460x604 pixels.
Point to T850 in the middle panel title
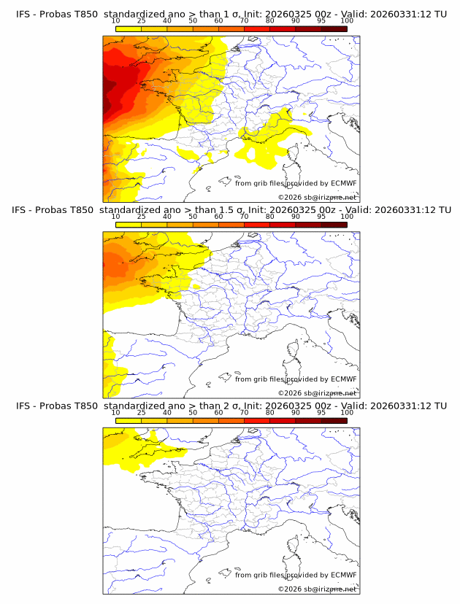[80, 209]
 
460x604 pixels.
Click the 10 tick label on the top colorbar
[115, 20]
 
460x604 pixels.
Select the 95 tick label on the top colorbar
[321, 20]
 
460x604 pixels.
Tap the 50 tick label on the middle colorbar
[193, 217]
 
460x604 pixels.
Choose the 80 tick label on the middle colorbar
[270, 217]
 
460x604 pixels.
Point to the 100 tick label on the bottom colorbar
[347, 413]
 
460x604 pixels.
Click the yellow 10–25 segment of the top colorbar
[128, 28]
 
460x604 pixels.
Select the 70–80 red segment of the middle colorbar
[257, 225]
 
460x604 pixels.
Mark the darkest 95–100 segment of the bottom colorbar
[334, 421]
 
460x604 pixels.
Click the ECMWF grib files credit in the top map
[296, 183]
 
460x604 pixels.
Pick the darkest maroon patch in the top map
[107, 91]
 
